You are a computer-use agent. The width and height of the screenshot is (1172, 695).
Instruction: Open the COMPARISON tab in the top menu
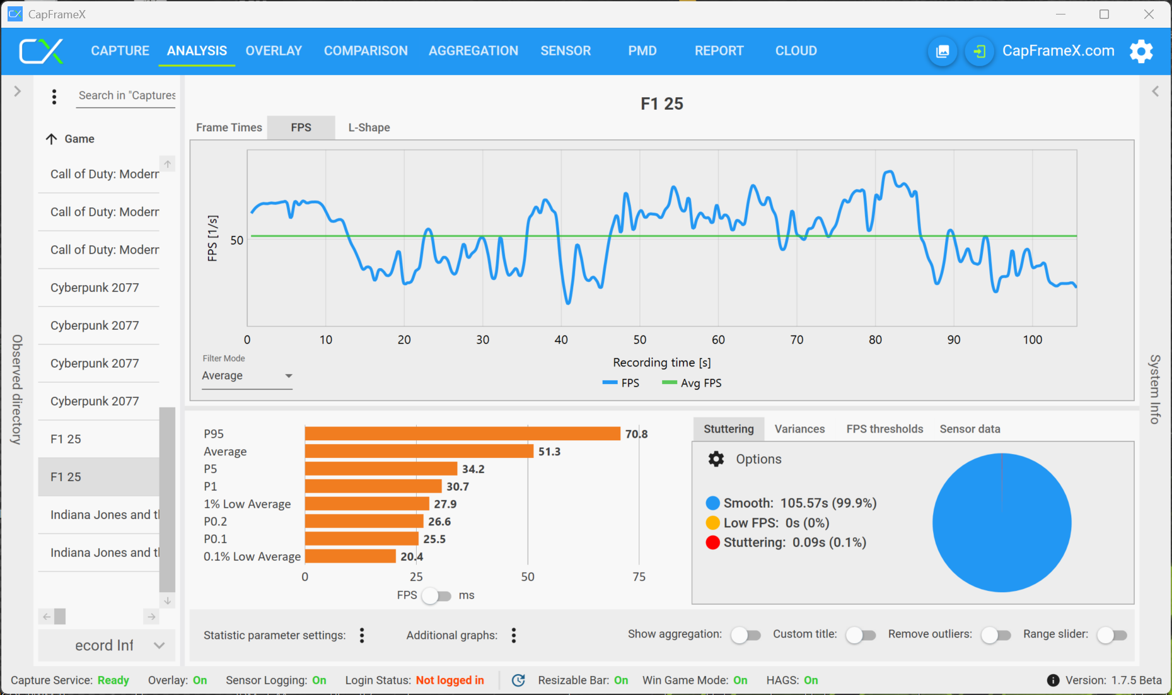coord(366,51)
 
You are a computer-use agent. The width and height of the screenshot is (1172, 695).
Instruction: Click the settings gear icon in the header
coord(1141,51)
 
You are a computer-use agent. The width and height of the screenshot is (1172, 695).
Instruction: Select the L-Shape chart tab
coord(369,127)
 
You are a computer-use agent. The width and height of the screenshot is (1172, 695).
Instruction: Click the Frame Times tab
coord(229,127)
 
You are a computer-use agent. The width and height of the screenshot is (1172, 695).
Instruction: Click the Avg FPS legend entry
coord(692,383)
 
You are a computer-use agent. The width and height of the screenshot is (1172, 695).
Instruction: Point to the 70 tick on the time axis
coord(797,340)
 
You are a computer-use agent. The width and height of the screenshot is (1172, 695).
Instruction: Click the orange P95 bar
coord(462,434)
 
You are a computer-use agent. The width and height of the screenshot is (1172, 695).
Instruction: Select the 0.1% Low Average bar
coord(351,556)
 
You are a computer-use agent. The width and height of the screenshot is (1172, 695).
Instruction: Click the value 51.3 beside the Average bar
coord(549,452)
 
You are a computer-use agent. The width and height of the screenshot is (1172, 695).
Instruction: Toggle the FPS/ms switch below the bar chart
coord(436,595)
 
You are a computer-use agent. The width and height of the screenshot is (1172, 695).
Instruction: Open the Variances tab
coord(799,429)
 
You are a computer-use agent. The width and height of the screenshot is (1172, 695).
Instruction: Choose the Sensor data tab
coord(970,429)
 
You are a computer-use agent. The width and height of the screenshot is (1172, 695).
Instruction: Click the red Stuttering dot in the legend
coord(713,542)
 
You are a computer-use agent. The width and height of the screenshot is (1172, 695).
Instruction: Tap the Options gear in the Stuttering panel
coord(716,459)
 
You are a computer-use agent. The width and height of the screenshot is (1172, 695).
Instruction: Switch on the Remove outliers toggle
coord(995,635)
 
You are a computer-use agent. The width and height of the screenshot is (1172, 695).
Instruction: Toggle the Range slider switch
coord(1111,635)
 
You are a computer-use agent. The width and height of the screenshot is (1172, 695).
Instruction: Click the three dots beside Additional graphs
coord(514,635)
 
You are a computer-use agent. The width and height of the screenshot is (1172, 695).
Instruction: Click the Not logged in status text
coord(450,680)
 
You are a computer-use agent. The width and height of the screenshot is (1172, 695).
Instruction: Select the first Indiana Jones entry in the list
coord(104,515)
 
